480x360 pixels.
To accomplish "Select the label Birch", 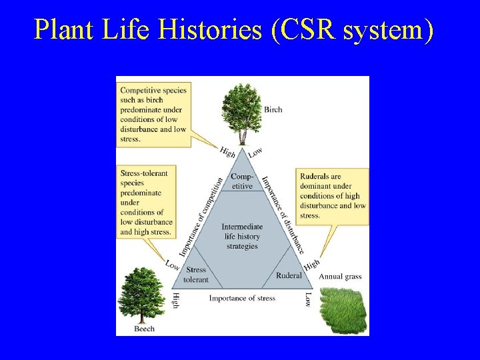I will (273, 109).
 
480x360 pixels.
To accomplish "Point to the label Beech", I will (144, 328).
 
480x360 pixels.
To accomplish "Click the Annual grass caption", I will (340, 277).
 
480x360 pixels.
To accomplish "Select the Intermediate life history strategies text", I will (241, 236).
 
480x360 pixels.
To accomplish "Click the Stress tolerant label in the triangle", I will (195, 275).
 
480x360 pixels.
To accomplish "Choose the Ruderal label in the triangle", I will (289, 275).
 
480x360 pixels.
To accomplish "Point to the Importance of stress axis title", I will (242, 298).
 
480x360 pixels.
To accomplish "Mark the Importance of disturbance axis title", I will (283, 214).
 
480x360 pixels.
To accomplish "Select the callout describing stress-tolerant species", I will (145, 202).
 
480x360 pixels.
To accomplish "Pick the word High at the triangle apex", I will (227, 153).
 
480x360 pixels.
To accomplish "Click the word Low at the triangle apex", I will (255, 152).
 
